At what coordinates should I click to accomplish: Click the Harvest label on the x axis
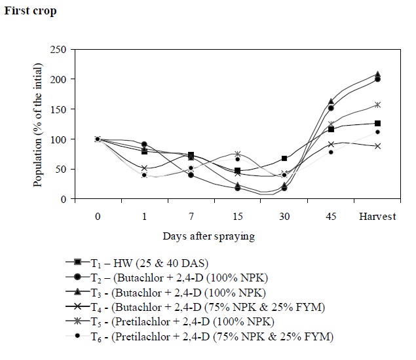377,217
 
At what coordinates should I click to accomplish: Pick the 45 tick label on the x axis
331,217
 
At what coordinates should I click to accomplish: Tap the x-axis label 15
238,217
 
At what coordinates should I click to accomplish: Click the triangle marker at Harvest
377,75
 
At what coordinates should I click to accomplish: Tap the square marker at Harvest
377,123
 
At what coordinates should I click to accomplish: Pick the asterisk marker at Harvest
377,105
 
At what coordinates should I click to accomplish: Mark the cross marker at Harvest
377,146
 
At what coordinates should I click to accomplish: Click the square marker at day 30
284,158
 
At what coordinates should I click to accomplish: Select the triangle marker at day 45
331,101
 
